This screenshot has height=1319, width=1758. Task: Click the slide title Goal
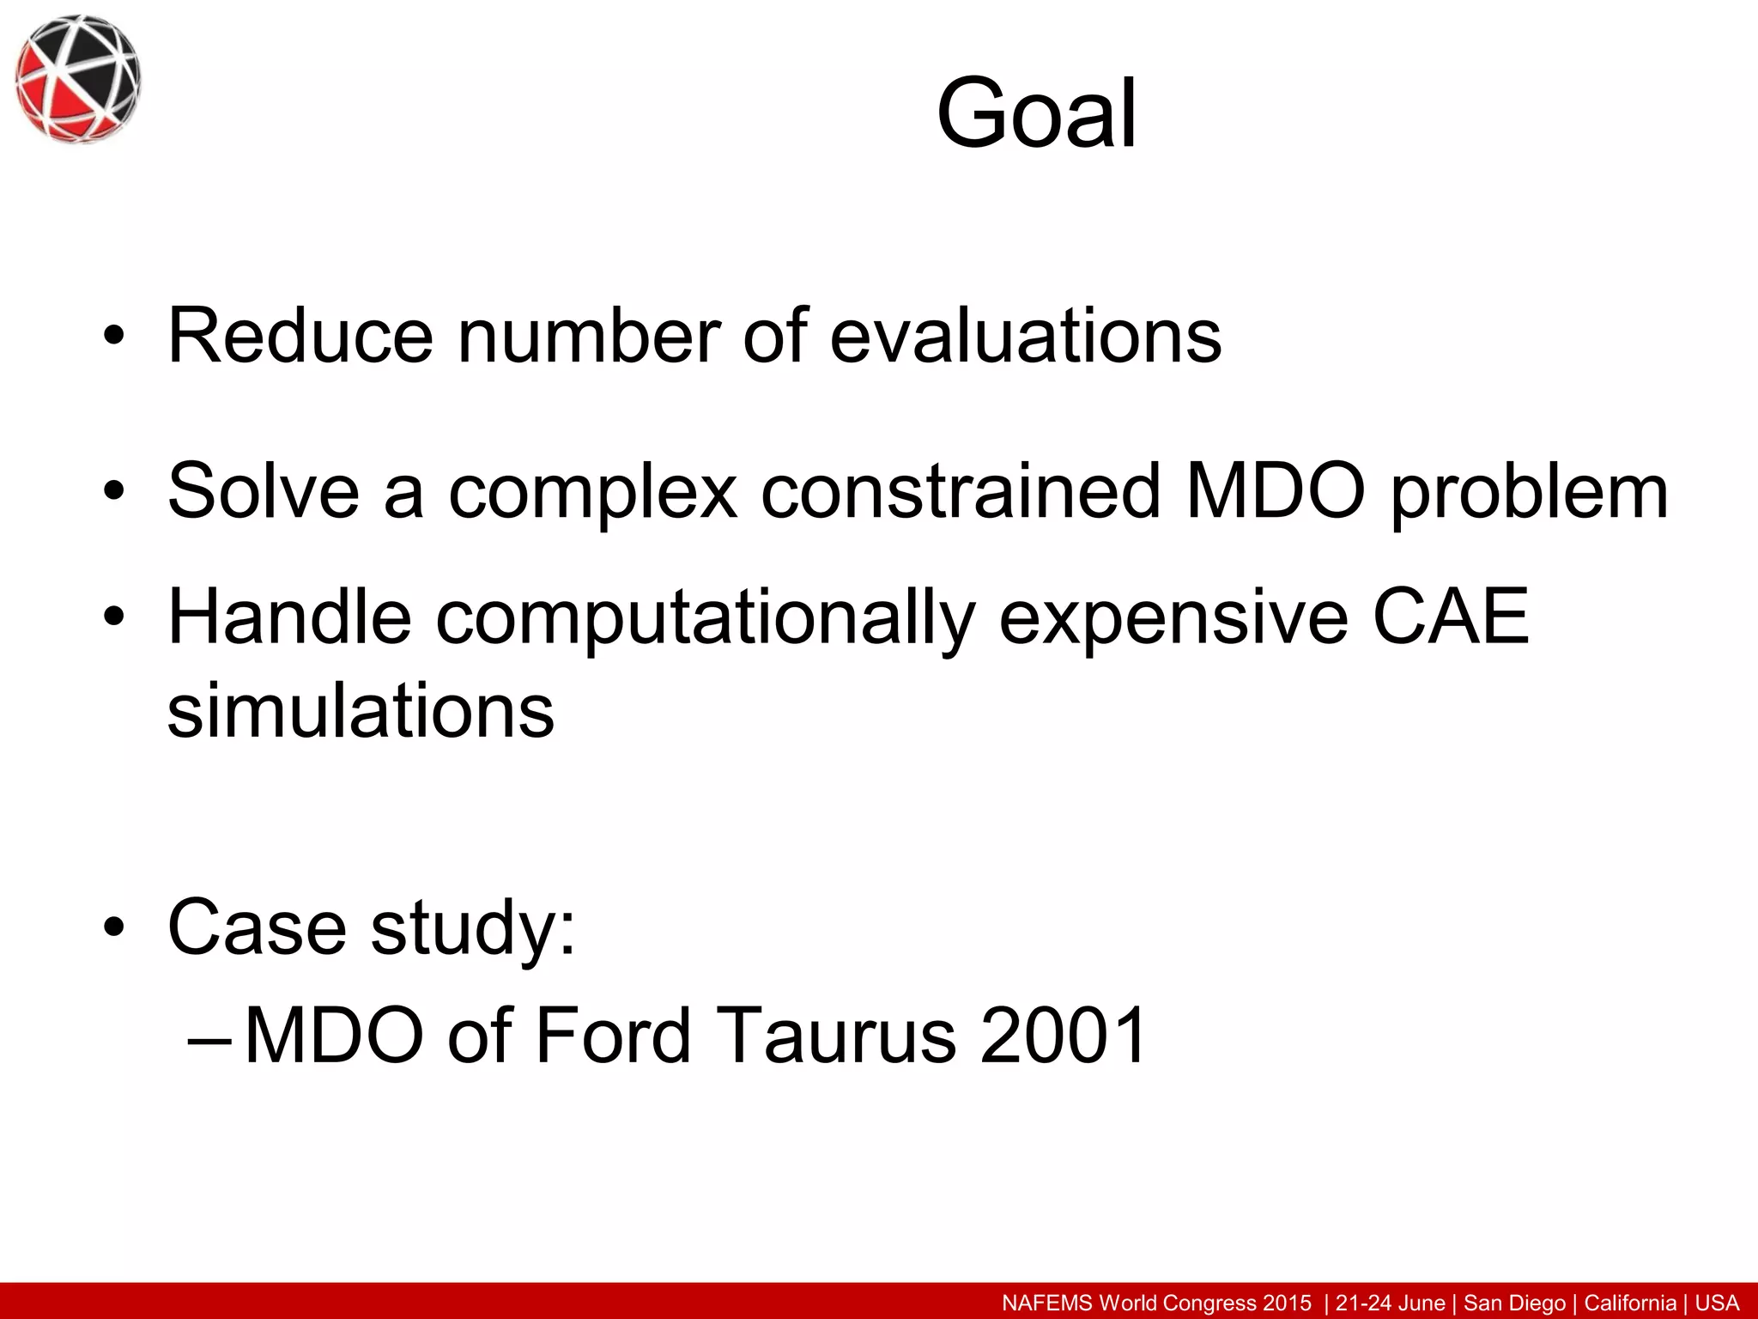coord(1036,114)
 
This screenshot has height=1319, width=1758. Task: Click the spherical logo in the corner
coord(77,78)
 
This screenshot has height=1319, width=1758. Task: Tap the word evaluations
coord(1025,336)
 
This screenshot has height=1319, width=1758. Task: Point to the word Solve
coord(263,491)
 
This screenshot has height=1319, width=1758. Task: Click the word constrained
coord(960,491)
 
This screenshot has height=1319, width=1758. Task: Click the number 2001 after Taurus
coord(1062,1035)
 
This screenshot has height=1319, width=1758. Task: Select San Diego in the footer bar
coord(1515,1303)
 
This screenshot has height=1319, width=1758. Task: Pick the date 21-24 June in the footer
coord(1391,1303)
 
